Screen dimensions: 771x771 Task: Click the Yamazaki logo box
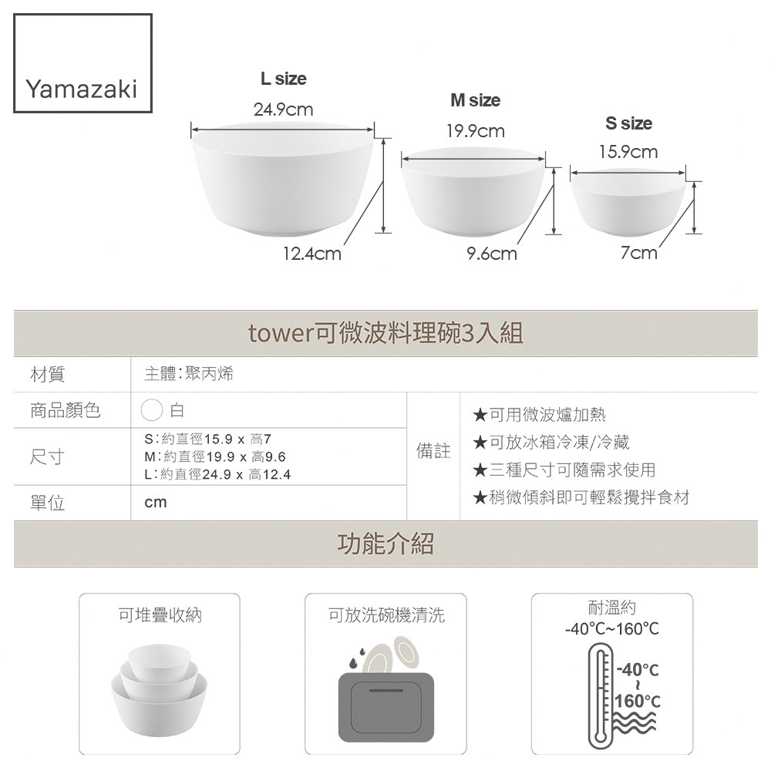click(x=82, y=63)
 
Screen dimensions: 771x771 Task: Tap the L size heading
click(x=283, y=79)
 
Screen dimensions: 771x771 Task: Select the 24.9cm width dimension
click(x=283, y=109)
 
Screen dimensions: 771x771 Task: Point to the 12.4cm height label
click(x=311, y=254)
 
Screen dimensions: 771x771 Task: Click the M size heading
click(x=476, y=100)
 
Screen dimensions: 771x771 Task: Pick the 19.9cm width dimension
click(x=476, y=131)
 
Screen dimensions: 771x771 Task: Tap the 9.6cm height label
click(x=492, y=254)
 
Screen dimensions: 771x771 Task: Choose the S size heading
click(x=629, y=123)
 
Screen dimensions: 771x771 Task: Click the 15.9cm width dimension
click(x=628, y=152)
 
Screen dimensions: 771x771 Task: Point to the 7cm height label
click(x=638, y=253)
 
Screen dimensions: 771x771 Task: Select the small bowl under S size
click(x=628, y=201)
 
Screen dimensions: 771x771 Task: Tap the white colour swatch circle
click(x=151, y=409)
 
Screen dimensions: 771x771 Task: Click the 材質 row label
click(x=47, y=374)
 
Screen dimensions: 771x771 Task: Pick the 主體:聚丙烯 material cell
click(x=189, y=374)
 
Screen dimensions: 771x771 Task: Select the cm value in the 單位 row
click(x=156, y=503)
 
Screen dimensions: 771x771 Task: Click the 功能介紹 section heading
click(x=386, y=544)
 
